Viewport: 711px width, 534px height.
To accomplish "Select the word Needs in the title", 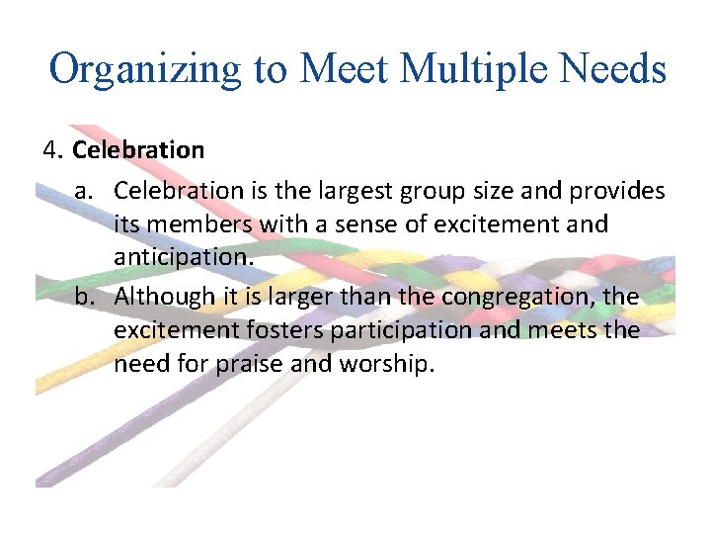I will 613,70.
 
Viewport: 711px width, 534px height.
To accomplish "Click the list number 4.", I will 52,151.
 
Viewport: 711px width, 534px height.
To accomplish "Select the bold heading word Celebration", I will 138,151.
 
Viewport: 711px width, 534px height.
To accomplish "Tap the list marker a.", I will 85,189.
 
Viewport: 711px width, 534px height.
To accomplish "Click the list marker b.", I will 85,297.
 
